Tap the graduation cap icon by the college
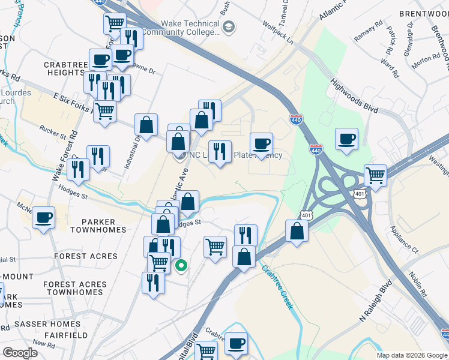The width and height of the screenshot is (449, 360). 229,27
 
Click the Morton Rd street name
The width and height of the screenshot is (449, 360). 426,59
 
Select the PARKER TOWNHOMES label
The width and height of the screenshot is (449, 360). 98,225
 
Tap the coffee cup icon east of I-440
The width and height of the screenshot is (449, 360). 346,139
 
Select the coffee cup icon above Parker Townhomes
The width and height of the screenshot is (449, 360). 43,218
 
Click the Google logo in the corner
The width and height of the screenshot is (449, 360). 20,353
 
